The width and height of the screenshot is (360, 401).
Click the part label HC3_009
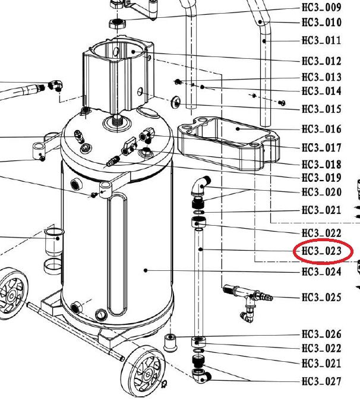pos(321,7)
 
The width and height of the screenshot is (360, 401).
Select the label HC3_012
pos(321,61)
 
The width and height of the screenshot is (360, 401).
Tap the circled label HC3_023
pos(321,251)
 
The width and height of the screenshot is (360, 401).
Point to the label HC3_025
pos(321,298)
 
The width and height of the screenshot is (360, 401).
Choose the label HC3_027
pos(321,381)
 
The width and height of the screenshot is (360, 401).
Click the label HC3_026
pos(321,334)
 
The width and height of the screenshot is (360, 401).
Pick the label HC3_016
pos(321,129)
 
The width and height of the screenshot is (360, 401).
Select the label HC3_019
pos(321,178)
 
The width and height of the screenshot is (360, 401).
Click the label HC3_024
pos(321,271)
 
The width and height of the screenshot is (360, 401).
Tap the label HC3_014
pos(321,91)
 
